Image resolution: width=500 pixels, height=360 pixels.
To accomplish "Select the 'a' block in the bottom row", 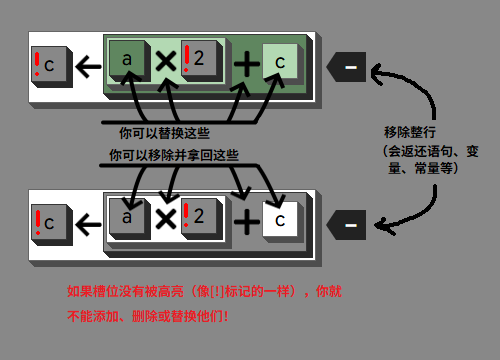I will pos(128,216).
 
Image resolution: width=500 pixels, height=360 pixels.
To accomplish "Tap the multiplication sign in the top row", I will pos(165,63).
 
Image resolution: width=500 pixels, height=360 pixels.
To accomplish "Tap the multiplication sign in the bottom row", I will pos(165,217).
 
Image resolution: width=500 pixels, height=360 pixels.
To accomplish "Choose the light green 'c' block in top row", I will pos(281,63).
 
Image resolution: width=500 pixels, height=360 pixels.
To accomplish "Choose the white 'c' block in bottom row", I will pos(281,217).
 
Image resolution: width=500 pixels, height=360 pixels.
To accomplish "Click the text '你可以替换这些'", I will pos(165,132).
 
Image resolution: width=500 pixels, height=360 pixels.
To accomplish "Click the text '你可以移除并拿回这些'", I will pos(174,155).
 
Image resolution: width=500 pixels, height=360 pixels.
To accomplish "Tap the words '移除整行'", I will pos(410,132).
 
